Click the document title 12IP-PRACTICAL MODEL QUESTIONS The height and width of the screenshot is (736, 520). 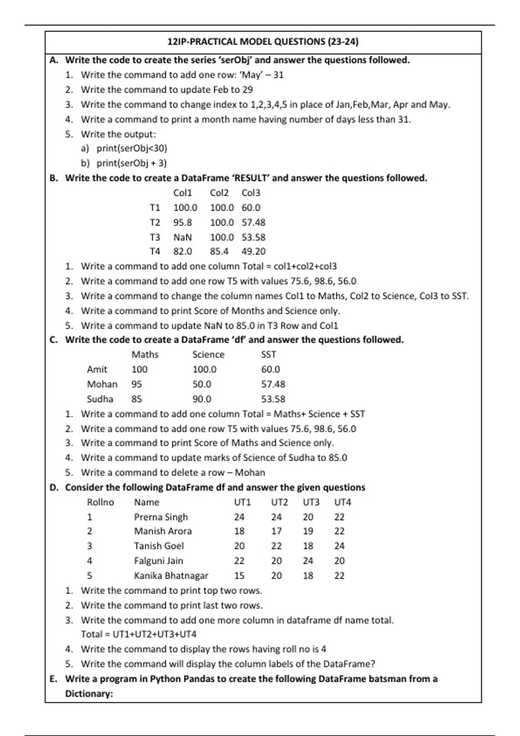point(263,42)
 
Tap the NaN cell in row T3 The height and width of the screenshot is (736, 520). point(182,237)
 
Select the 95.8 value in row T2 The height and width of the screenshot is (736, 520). point(182,223)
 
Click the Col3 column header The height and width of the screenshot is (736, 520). point(251,193)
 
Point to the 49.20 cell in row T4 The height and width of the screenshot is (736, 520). point(253,252)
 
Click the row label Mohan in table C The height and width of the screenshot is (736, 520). point(102,384)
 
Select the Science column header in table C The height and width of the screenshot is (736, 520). point(208,355)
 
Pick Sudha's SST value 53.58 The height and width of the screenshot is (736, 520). point(273,399)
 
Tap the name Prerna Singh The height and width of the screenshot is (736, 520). point(161,517)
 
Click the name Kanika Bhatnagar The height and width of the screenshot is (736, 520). point(171,576)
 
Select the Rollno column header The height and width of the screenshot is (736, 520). point(101,502)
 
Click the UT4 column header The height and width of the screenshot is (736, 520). point(342,502)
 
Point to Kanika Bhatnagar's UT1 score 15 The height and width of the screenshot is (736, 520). point(239,576)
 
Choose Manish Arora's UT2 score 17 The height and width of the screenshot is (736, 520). point(276,531)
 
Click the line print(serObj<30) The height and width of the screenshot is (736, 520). point(131,148)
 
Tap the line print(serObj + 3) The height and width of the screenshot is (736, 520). point(131,163)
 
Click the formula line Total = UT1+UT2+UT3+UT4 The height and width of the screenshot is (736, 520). point(139,634)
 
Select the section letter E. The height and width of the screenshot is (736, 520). point(53,679)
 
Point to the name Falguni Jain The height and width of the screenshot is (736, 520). point(158,561)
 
